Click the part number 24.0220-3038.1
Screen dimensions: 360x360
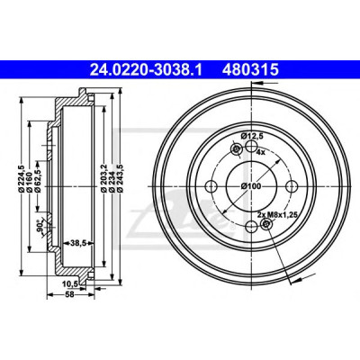point(146,70)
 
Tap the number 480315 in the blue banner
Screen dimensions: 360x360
point(250,70)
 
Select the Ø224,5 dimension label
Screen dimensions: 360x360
point(22,179)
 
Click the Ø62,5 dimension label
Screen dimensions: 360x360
point(38,179)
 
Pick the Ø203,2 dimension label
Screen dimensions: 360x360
point(103,179)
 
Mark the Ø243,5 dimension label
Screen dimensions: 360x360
point(120,179)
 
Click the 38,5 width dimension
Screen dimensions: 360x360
point(77,243)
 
